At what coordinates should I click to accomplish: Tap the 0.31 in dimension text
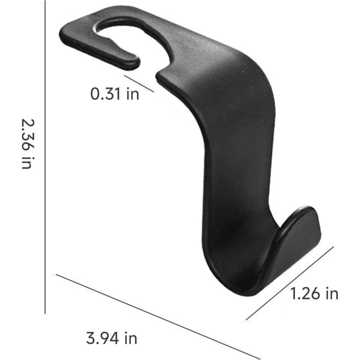(x=115, y=94)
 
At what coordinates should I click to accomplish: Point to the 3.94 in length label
(x=112, y=338)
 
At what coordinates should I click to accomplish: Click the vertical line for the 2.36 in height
(x=45, y=161)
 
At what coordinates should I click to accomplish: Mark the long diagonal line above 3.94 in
(x=158, y=316)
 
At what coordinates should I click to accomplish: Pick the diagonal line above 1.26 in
(x=290, y=283)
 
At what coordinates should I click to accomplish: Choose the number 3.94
(x=101, y=338)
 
